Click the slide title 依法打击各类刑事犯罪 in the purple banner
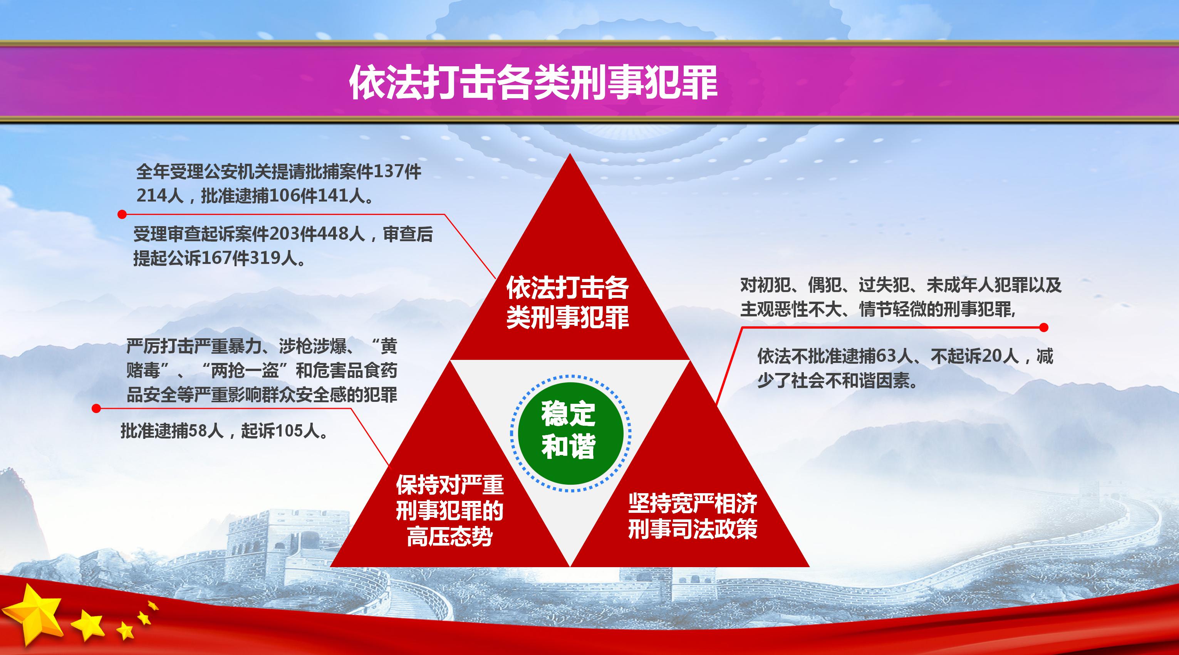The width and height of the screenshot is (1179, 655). coord(533,82)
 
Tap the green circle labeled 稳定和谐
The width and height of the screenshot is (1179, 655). coord(570,433)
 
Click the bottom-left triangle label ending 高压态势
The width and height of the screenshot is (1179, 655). coord(449,511)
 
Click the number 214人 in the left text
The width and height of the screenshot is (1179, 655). coord(160,196)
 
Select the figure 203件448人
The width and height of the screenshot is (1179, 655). coord(317,234)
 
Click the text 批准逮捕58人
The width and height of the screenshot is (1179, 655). coord(173,431)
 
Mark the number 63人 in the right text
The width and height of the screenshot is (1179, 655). coord(893,356)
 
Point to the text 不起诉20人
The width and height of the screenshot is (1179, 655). coord(975,356)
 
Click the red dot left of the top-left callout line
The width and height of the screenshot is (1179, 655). coord(122,214)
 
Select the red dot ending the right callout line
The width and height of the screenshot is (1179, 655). coord(1044,327)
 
